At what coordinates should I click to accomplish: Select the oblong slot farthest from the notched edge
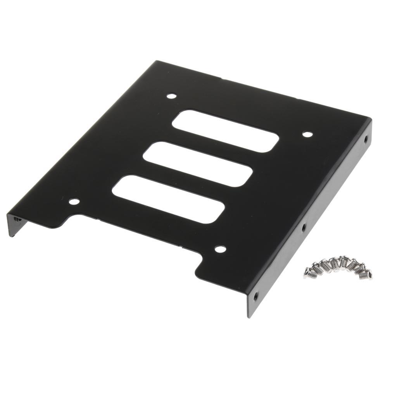[226, 131]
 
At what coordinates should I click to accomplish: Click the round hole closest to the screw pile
[220, 249]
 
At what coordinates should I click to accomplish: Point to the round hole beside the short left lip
[74, 201]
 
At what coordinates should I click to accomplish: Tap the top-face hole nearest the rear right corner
[307, 135]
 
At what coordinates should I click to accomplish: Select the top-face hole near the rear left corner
[171, 96]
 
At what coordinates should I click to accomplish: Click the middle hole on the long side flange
[304, 226]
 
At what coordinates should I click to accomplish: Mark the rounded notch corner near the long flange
[200, 268]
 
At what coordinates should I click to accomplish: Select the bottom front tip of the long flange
[249, 316]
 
